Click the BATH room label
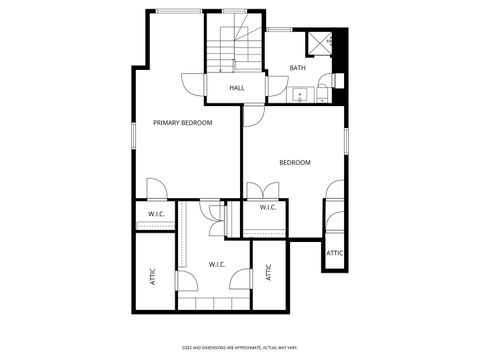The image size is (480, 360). pyautogui.click(x=298, y=68)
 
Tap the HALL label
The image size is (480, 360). pyautogui.click(x=237, y=88)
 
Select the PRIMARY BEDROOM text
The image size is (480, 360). pyautogui.click(x=183, y=123)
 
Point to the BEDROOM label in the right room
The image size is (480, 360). pyautogui.click(x=294, y=163)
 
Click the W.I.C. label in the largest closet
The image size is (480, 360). pyautogui.click(x=217, y=265)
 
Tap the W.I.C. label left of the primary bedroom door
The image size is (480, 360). pyautogui.click(x=156, y=214)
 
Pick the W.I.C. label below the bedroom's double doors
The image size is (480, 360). pyautogui.click(x=268, y=208)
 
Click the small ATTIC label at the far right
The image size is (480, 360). pyautogui.click(x=335, y=253)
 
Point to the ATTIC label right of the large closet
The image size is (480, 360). pyautogui.click(x=268, y=272)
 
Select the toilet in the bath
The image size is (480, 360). pyautogui.click(x=337, y=80)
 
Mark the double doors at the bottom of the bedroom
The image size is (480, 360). pyautogui.click(x=262, y=189)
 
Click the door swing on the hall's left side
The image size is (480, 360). pyautogui.click(x=194, y=86)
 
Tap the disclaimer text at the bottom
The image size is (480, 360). pyautogui.click(x=240, y=347)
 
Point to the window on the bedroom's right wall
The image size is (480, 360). pyautogui.click(x=346, y=141)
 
